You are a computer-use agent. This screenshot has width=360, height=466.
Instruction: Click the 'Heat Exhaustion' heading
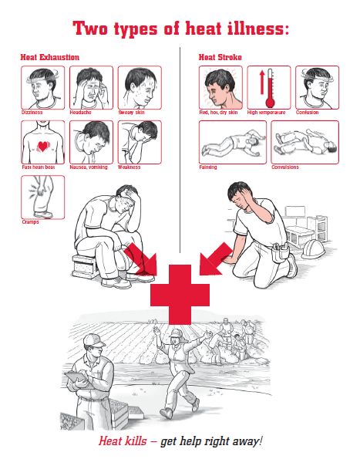pos(50,57)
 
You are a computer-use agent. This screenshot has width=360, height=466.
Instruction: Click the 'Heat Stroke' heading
pos(220,57)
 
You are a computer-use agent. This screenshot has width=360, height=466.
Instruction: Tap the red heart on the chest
pos(43,147)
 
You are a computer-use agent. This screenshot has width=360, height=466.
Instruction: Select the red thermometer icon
pos(270,88)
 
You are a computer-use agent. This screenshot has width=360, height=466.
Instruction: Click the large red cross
pos(180,295)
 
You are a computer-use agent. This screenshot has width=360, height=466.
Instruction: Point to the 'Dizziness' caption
pos(32,113)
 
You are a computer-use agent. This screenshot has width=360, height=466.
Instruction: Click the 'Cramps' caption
pos(30,221)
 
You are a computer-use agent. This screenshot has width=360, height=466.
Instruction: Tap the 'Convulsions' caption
pos(285,167)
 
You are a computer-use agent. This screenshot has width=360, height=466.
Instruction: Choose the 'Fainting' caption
pos(208,167)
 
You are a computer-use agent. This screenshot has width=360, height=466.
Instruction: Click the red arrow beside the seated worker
pos(142,259)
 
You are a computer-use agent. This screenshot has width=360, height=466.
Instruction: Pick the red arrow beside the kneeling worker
pos(216,259)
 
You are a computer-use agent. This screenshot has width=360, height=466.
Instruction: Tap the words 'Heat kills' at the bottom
pos(123,441)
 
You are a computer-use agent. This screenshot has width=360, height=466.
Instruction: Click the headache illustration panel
pos(91,88)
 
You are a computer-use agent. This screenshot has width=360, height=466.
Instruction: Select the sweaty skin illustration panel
pos(140,88)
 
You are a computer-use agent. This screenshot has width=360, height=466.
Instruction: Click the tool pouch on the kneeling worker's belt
pos(280,252)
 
